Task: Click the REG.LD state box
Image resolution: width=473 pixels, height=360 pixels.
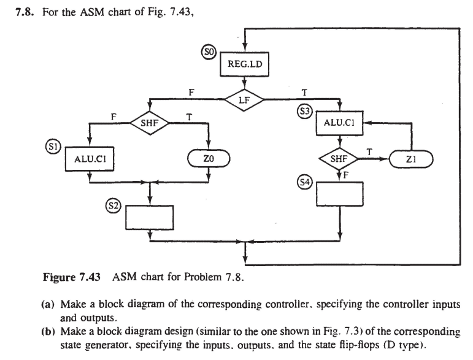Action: (x=244, y=63)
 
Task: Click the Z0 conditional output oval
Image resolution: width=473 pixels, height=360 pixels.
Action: (x=209, y=159)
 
